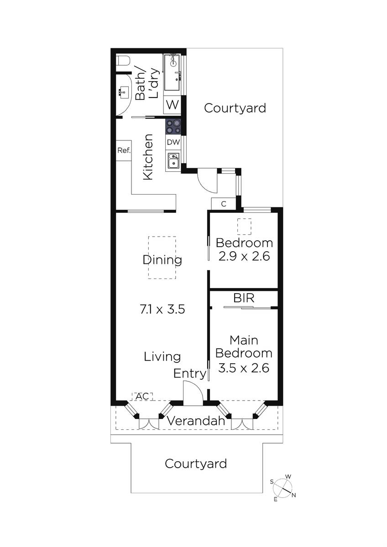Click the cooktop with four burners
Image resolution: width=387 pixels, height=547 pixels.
[x=173, y=127]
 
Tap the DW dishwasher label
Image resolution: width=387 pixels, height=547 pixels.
[x=173, y=142]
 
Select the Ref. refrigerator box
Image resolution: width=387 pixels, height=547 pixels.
[x=124, y=150]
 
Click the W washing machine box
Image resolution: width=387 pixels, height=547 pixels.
[x=173, y=105]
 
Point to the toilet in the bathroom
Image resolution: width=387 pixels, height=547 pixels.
[x=123, y=61]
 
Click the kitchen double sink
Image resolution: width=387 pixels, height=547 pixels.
[x=173, y=160]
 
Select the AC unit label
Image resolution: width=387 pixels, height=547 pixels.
[x=142, y=396]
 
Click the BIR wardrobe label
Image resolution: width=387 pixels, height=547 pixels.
[x=244, y=298]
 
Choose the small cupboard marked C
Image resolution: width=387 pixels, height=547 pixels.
[x=224, y=204]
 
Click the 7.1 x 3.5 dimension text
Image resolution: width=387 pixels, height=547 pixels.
[x=162, y=310]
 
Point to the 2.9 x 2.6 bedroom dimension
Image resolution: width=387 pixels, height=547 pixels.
[x=244, y=256]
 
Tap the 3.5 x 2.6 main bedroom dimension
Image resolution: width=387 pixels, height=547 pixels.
[x=244, y=368]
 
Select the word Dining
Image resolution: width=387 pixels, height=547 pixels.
[x=162, y=260]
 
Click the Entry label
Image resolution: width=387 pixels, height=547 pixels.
[x=190, y=374]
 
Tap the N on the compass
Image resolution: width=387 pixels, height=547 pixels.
[x=294, y=495]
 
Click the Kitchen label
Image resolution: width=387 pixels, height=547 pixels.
[x=148, y=157]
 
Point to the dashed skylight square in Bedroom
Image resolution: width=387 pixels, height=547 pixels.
[x=244, y=227]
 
